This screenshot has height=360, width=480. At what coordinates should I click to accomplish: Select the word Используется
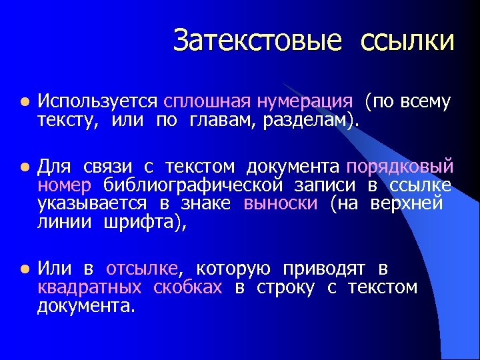[97, 101]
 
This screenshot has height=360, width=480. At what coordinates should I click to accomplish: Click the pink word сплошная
[204, 101]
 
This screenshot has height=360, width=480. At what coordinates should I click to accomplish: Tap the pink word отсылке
[142, 269]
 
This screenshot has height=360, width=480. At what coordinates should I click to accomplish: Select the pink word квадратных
[89, 288]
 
